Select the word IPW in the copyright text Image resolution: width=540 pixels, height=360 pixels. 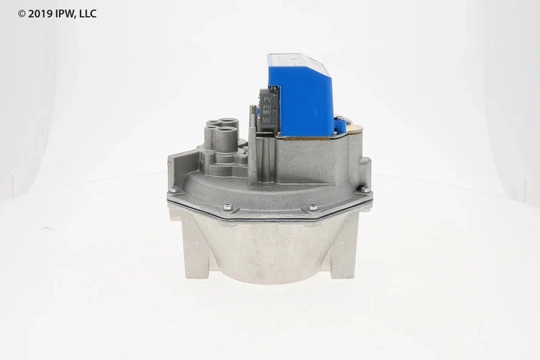(69, 14)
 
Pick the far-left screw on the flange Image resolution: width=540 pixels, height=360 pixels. (171, 189)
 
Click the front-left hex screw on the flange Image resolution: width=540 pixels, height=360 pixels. (226, 209)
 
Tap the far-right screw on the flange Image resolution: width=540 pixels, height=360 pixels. (362, 190)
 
